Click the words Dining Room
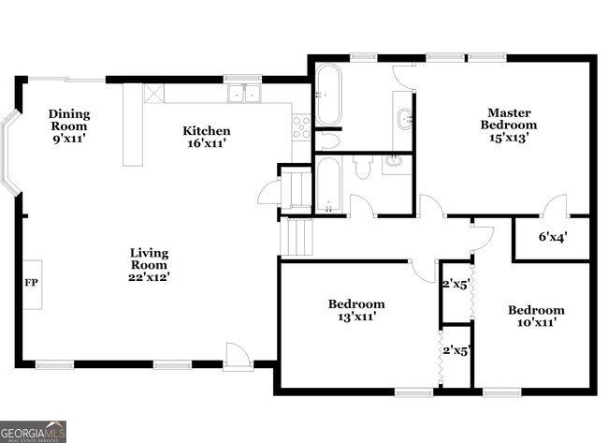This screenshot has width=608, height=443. pyautogui.click(x=68, y=120)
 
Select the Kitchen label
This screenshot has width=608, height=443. pyautogui.click(x=206, y=131)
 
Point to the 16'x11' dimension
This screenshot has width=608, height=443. pyautogui.click(x=206, y=143)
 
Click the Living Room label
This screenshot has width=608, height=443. pyautogui.click(x=149, y=258)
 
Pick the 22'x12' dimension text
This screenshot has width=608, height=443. pyautogui.click(x=149, y=276)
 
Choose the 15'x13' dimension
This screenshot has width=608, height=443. pyautogui.click(x=509, y=138)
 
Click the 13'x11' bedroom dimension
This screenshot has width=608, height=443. pyautogui.click(x=355, y=317)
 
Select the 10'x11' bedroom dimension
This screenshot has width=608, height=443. pyautogui.click(x=536, y=322)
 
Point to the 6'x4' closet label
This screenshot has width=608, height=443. pyautogui.click(x=551, y=237)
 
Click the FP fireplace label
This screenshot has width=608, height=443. pyautogui.click(x=31, y=282)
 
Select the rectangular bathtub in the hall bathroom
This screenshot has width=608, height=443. pyautogui.click(x=328, y=184)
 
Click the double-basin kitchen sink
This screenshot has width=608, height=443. pyautogui.click(x=246, y=93)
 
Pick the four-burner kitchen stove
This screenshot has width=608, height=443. pyautogui.click(x=301, y=126)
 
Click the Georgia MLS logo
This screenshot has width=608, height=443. pyautogui.click(x=33, y=431)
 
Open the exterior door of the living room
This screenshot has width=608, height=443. pyautogui.click(x=237, y=356)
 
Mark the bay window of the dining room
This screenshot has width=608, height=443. pyautogui.click(x=10, y=154)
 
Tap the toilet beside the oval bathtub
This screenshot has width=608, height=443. pyautogui.click(x=328, y=140)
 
